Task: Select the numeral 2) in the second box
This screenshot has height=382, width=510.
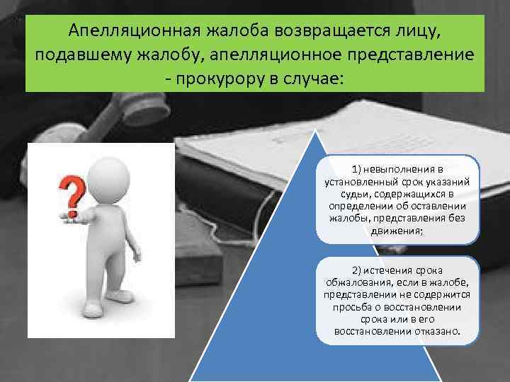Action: [x=358, y=272]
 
